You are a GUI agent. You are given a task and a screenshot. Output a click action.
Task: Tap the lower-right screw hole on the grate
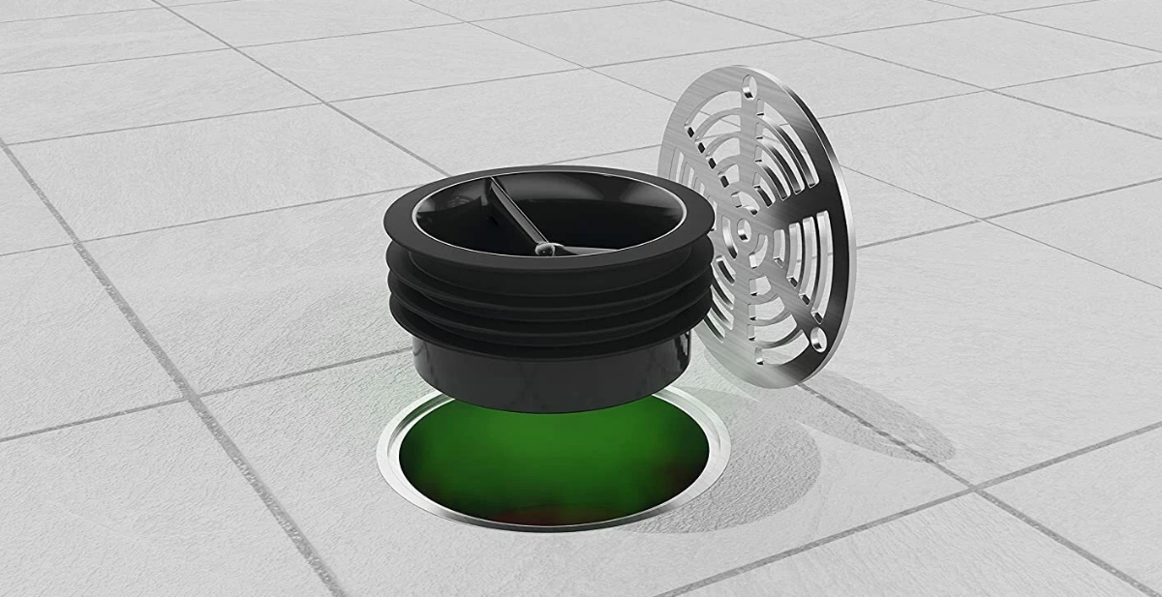(822, 342)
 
